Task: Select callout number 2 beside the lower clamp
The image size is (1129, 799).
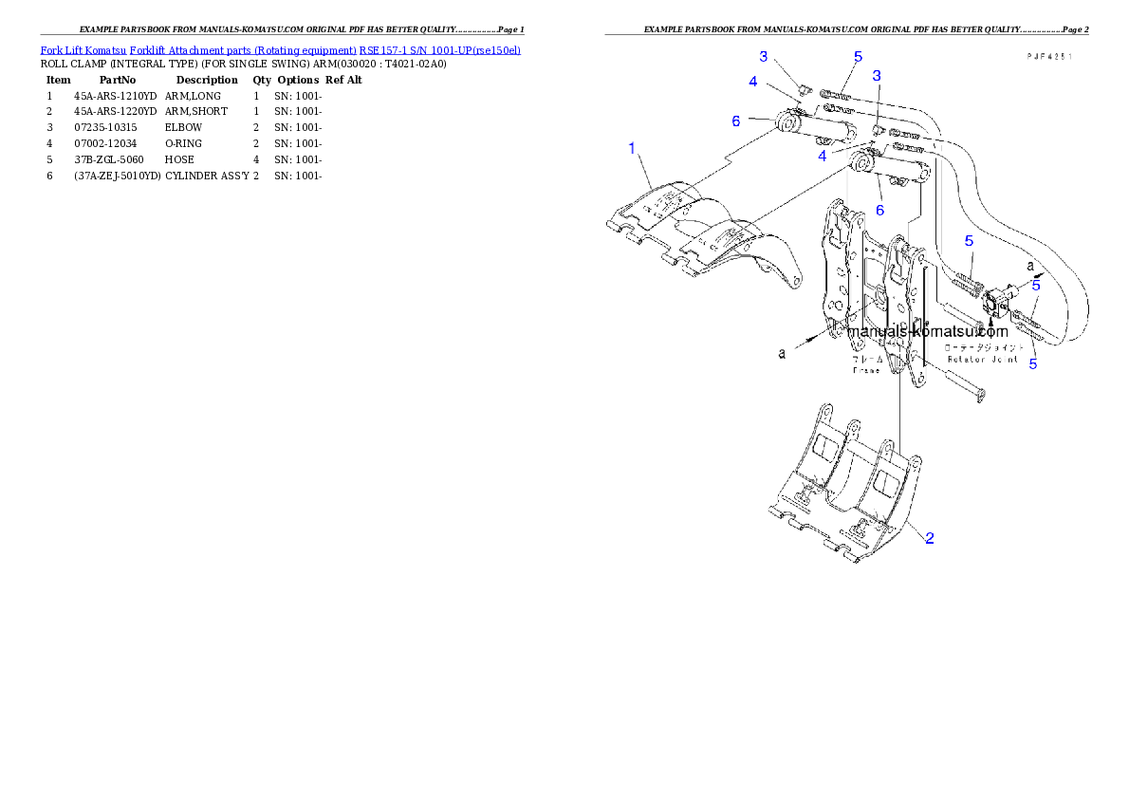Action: [930, 538]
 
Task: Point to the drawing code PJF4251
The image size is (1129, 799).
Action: [1048, 57]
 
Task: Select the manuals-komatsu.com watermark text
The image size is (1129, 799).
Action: [927, 332]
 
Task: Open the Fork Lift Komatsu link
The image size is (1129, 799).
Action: [83, 48]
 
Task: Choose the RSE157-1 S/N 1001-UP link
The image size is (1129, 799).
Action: [438, 48]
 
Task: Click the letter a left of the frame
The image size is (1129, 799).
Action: [782, 353]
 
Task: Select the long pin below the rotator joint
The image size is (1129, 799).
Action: [962, 384]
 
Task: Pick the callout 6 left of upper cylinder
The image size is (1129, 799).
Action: [735, 121]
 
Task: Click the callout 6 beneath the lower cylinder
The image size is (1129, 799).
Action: [879, 210]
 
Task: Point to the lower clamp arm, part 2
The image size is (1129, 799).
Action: [844, 493]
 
